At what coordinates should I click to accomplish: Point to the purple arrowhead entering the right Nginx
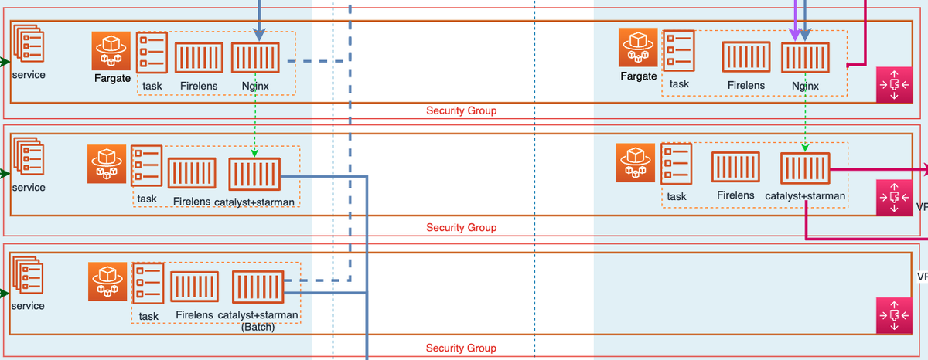pyautogui.click(x=794, y=35)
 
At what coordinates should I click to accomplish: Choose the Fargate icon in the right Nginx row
pyautogui.click(x=638, y=48)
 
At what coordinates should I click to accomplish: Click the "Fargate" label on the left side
pyautogui.click(x=112, y=78)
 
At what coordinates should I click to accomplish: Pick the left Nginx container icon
pyautogui.click(x=256, y=59)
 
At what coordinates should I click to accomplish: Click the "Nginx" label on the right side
pyautogui.click(x=805, y=86)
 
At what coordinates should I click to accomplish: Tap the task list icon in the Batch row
pyautogui.click(x=148, y=285)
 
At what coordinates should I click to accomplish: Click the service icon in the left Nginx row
pyautogui.click(x=28, y=48)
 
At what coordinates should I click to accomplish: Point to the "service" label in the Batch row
pyautogui.click(x=29, y=306)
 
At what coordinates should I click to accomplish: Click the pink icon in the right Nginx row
pyautogui.click(x=894, y=83)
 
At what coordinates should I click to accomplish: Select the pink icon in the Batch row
pyautogui.click(x=894, y=315)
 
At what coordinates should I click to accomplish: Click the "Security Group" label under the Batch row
pyautogui.click(x=461, y=348)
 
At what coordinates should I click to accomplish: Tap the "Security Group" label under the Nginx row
pyautogui.click(x=461, y=110)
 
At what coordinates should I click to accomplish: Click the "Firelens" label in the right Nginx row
pyautogui.click(x=746, y=86)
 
